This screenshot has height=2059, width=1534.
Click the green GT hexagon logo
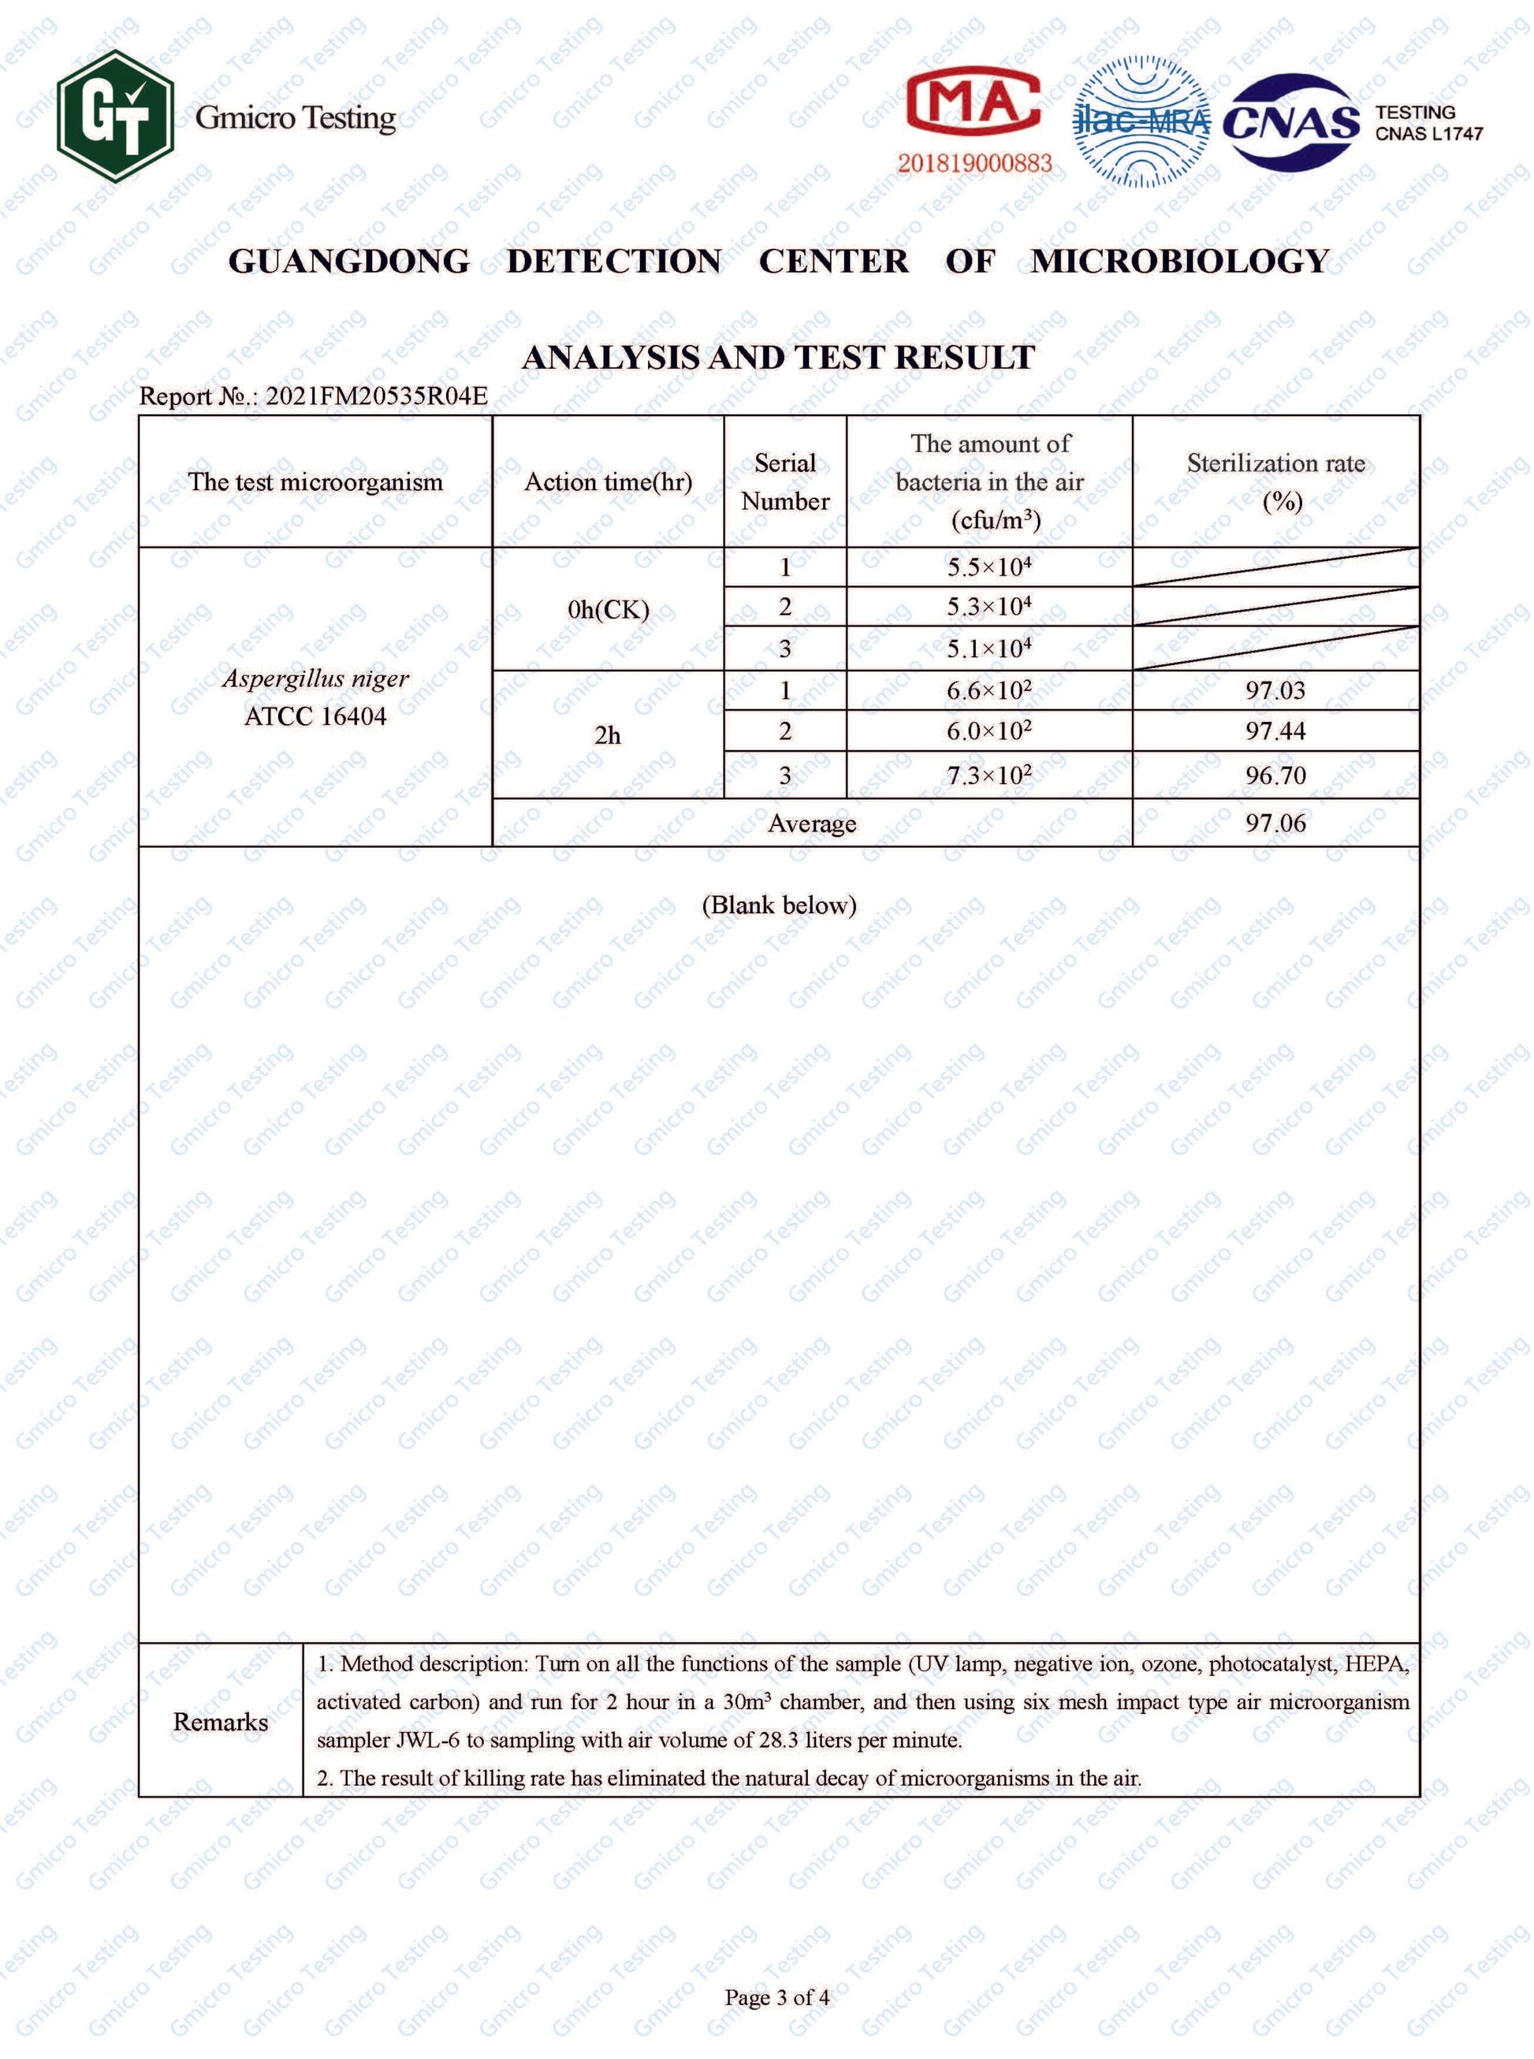point(115,116)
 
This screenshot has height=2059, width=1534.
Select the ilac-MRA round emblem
point(1141,121)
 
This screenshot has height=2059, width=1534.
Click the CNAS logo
point(1290,121)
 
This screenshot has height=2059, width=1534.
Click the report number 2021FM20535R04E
point(376,396)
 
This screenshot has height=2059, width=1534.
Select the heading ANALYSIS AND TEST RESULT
point(778,358)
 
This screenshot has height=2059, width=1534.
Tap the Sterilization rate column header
point(1276,481)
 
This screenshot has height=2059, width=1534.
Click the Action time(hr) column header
point(609,481)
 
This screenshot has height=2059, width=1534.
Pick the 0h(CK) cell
point(609,610)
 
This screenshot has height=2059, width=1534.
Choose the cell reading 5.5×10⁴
point(989,567)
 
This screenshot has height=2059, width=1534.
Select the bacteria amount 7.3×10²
point(989,775)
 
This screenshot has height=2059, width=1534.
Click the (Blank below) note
point(778,905)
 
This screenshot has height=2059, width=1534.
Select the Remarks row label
point(220,1722)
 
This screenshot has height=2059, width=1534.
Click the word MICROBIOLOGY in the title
point(1180,262)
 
